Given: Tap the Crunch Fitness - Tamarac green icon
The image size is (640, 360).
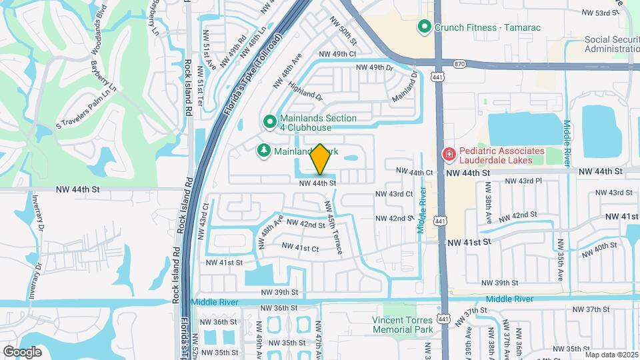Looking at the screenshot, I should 423,27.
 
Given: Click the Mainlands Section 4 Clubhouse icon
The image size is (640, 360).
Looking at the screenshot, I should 269,122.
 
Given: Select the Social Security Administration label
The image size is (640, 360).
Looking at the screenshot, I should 611,45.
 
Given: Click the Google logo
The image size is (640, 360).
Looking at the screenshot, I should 22,351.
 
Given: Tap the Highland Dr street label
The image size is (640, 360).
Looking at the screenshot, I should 306,91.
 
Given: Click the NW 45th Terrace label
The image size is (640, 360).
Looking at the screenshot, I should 333,227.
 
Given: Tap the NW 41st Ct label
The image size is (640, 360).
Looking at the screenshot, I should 300,247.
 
